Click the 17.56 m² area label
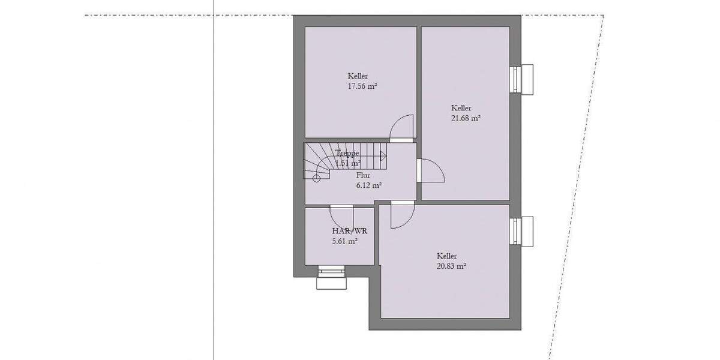362,86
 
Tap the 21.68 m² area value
466,118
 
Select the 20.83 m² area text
452,265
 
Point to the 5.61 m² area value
345,241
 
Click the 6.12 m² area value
369,185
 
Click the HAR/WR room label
349,231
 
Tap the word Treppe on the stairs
347,153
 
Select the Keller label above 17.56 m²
358,76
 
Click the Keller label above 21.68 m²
461,108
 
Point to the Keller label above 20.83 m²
448,255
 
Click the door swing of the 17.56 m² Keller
401,128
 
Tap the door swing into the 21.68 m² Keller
430,172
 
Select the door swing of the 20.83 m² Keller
401,217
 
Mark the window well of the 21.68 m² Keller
522,79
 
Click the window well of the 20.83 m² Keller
522,232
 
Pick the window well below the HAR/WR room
332,278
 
